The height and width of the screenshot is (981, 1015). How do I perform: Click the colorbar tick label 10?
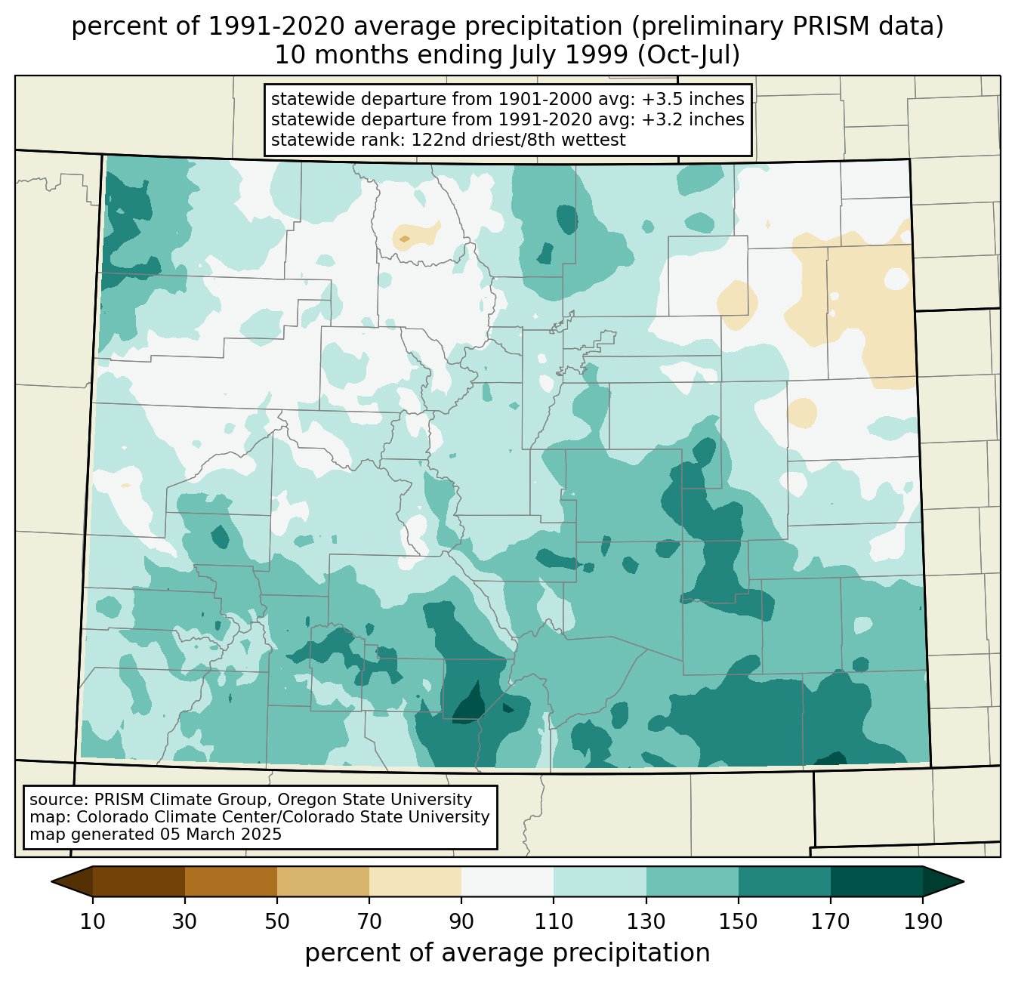[92, 922]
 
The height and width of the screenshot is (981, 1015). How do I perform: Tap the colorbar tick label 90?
[461, 922]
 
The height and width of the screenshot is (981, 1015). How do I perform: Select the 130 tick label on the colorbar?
[646, 922]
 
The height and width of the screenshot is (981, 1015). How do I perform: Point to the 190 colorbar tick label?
[923, 922]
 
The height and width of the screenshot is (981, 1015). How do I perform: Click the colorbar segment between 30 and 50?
[230, 881]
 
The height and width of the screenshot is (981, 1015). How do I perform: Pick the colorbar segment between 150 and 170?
[784, 881]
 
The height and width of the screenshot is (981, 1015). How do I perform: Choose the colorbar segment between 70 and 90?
[415, 881]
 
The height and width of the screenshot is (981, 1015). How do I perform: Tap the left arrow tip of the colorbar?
[51, 881]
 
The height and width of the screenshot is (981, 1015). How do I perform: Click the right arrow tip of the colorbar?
[964, 881]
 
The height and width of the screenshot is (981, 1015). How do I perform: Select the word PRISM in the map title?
[824, 26]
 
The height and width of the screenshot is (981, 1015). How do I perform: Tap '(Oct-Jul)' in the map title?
[689, 55]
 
